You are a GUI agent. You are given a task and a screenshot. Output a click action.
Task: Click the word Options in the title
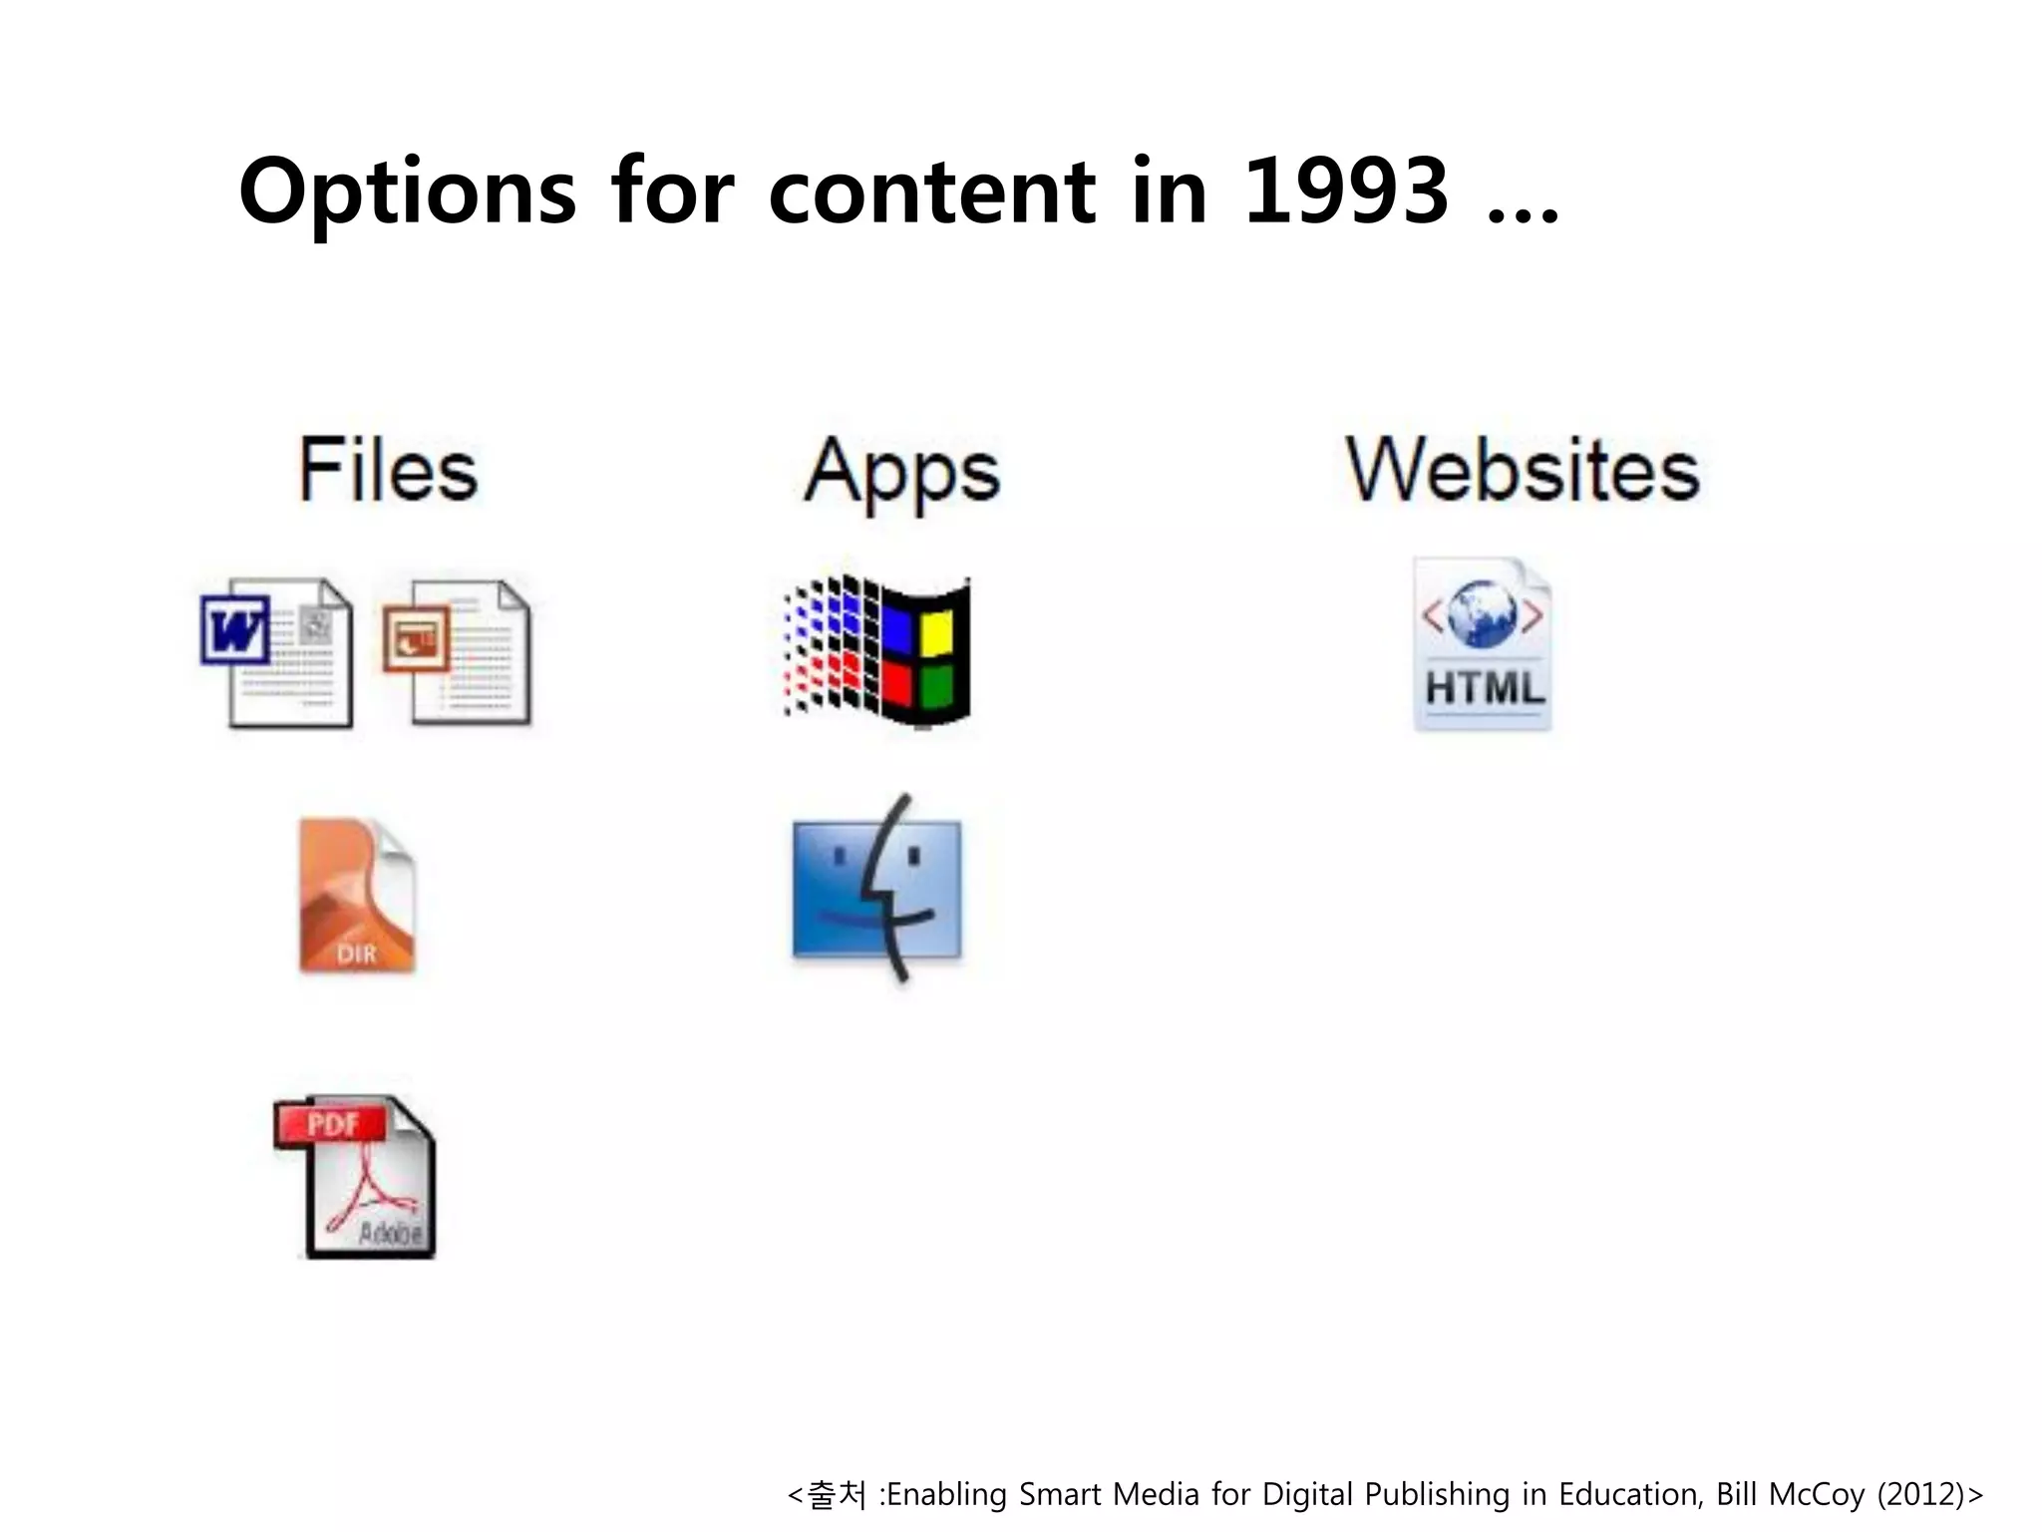click(x=407, y=192)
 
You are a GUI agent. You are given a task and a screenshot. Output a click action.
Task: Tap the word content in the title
click(x=931, y=192)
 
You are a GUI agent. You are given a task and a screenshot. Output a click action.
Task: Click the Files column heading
click(x=388, y=470)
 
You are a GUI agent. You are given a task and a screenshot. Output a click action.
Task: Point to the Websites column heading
click(x=1522, y=470)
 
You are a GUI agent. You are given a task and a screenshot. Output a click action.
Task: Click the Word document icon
click(x=278, y=652)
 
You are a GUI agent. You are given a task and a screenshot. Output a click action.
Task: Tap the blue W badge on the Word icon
click(x=235, y=629)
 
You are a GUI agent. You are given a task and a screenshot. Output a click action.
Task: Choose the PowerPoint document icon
click(x=458, y=652)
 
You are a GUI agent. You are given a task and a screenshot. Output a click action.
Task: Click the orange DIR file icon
click(x=356, y=895)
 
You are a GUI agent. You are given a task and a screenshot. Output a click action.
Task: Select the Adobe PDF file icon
click(x=356, y=1177)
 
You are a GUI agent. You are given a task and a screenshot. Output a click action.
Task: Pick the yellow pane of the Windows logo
click(x=935, y=631)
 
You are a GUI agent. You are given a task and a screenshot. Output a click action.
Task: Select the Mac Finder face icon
click(x=877, y=888)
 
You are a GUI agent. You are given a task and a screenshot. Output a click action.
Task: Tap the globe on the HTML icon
click(x=1483, y=612)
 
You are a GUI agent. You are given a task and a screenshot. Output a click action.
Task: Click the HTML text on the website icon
click(x=1484, y=688)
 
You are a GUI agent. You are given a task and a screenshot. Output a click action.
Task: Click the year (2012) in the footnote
click(x=1921, y=1494)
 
